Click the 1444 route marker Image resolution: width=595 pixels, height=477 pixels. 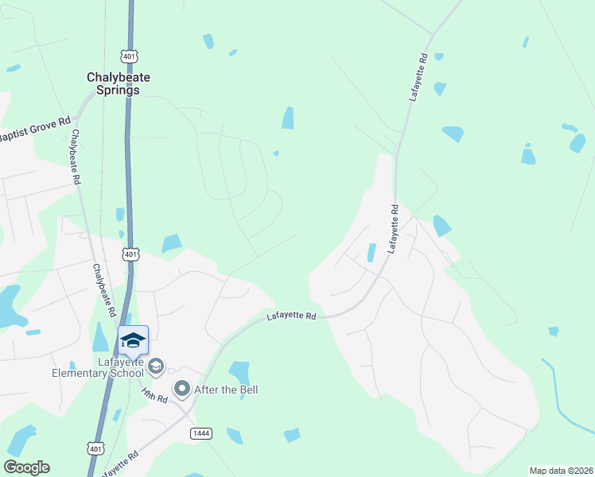(x=200, y=432)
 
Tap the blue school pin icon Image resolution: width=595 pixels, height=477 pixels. (x=133, y=341)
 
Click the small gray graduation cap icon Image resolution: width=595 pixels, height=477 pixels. (x=156, y=366)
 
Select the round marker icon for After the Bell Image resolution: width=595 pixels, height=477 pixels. (x=182, y=390)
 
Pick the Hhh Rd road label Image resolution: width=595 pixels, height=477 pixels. (x=155, y=394)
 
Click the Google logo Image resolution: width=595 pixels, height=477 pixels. (x=26, y=467)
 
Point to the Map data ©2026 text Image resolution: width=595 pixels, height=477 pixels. (x=561, y=470)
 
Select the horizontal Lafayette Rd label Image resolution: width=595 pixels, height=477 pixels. (x=291, y=316)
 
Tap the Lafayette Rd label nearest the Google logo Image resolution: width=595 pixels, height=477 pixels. (x=119, y=464)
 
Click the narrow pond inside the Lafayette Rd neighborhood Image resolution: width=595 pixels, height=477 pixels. (x=371, y=253)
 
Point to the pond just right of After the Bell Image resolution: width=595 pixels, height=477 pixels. (x=239, y=372)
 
